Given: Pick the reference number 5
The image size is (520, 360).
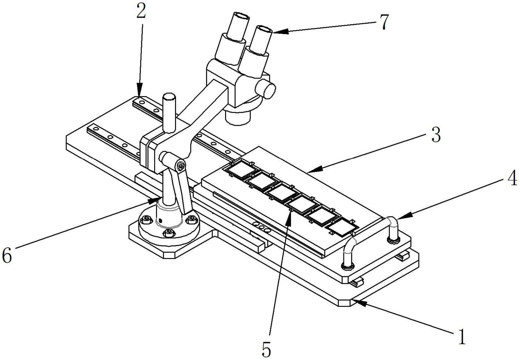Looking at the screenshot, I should coord(266,349).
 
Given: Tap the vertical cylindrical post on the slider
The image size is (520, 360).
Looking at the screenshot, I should coord(169,112).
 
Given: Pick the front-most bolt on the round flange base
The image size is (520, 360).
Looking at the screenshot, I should coord(168,233).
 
